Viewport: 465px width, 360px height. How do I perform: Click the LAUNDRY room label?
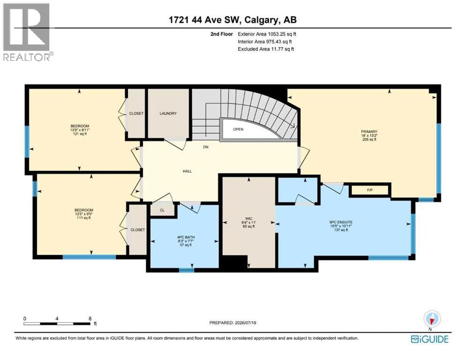(x=168, y=113)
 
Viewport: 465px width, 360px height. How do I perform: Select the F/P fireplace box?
(x=370, y=190)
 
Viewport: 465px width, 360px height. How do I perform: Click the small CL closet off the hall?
(x=162, y=210)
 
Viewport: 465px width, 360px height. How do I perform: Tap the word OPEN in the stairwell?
(x=238, y=129)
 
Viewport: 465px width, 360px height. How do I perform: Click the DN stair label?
(x=205, y=147)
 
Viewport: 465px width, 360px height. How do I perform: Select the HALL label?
(x=187, y=171)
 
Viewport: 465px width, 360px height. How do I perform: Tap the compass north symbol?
(x=432, y=320)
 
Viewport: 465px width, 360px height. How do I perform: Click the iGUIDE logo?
(x=430, y=339)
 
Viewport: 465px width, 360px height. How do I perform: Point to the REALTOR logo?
(x=28, y=32)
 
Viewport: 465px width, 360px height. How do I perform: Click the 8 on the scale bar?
(x=90, y=318)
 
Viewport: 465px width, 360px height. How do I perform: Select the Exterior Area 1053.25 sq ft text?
(x=267, y=34)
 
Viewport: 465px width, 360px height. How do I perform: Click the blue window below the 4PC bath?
(x=187, y=270)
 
